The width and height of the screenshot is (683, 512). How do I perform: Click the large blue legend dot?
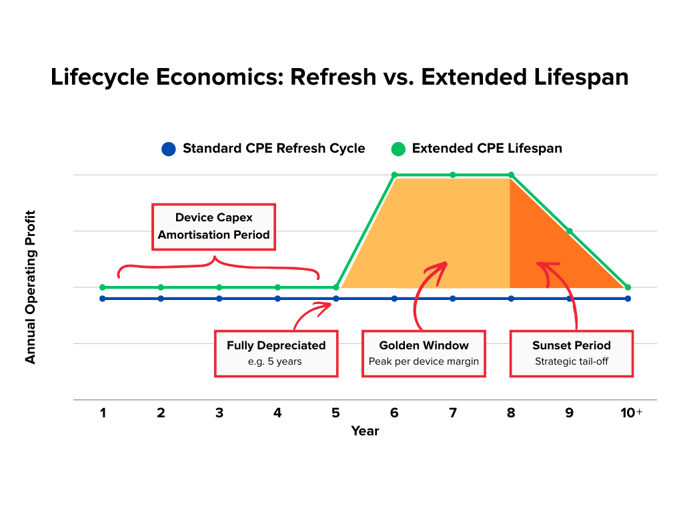tap(168, 149)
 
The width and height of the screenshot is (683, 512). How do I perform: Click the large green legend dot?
tap(398, 149)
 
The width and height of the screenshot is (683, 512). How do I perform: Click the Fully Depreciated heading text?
tap(276, 345)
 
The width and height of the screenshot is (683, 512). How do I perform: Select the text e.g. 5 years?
tap(276, 361)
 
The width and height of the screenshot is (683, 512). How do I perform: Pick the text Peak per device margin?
tap(424, 361)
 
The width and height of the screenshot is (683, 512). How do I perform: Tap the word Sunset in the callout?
tap(551, 345)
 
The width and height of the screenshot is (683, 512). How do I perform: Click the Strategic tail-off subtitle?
tap(572, 361)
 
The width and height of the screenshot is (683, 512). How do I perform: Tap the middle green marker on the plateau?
tap(452, 175)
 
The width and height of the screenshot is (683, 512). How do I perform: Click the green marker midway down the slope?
tap(570, 231)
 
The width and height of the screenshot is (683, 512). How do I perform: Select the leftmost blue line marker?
tap(102, 299)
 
